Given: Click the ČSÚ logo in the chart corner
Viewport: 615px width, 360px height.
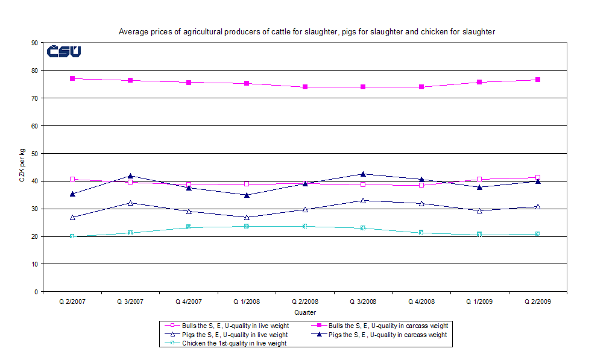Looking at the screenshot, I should click(64, 52).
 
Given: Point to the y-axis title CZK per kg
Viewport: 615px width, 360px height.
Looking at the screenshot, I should click(22, 168).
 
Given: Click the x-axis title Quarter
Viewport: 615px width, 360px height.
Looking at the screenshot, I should click(304, 312).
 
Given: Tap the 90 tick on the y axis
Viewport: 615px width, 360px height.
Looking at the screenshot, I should click(34, 43).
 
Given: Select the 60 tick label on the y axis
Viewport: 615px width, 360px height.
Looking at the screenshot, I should click(34, 126).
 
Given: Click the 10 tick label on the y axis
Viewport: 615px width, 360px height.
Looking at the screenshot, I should click(34, 264).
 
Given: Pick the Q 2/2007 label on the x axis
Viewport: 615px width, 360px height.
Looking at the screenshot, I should click(72, 302).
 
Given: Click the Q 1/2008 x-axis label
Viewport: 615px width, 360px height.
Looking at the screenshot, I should click(246, 302).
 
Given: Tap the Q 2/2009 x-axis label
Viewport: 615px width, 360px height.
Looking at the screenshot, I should click(537, 302).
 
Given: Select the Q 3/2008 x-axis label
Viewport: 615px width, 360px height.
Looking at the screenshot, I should click(362, 302).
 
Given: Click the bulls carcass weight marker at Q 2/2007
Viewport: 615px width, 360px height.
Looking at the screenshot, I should click(72, 78).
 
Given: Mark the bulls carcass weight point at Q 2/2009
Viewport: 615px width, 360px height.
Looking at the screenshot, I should click(537, 80).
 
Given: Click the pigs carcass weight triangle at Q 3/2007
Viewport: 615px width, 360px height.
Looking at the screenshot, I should click(130, 176).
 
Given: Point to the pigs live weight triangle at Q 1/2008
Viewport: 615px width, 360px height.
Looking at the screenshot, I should click(247, 217).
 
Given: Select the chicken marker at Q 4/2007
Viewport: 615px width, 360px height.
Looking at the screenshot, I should click(188, 227).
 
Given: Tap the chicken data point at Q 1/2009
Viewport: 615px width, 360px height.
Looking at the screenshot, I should click(479, 234).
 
